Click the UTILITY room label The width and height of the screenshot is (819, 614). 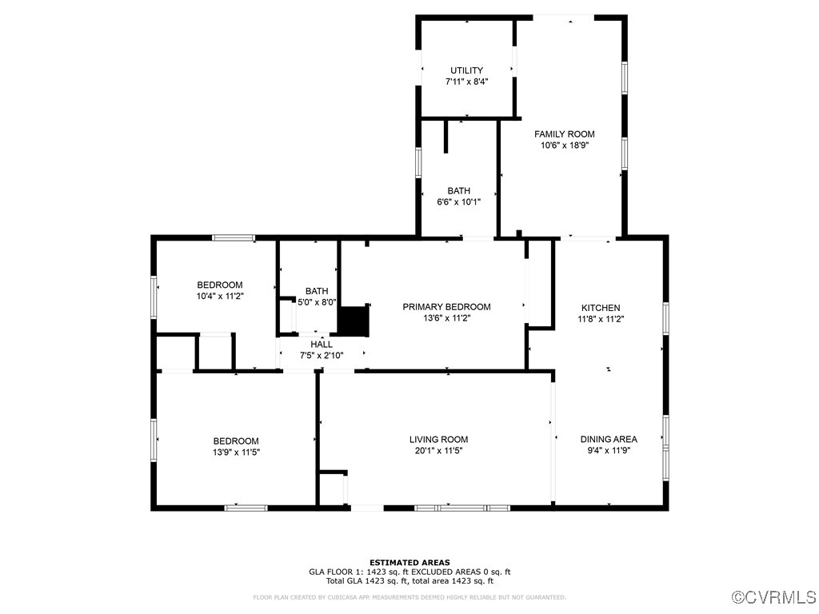(466, 70)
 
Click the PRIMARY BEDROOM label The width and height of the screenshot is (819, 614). (446, 307)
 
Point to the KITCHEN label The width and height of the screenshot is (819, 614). (601, 308)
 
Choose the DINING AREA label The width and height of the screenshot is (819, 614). (609, 439)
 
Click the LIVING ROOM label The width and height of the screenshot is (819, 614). (438, 439)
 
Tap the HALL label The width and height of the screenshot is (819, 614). (322, 345)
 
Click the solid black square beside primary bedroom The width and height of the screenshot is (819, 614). (353, 321)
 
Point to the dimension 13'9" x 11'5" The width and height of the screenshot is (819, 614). (236, 452)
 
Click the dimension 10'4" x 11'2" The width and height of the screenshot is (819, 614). (220, 296)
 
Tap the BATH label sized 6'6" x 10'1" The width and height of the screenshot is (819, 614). (458, 191)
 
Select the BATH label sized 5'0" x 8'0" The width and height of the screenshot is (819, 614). (317, 291)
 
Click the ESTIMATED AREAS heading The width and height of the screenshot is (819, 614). (409, 562)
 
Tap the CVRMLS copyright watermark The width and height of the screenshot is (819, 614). (774, 597)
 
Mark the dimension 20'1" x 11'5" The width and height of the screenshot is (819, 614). (438, 450)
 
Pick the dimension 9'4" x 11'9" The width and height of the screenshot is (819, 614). (609, 450)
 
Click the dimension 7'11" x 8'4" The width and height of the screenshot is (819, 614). (466, 82)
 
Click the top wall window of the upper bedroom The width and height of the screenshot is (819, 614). (234, 237)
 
